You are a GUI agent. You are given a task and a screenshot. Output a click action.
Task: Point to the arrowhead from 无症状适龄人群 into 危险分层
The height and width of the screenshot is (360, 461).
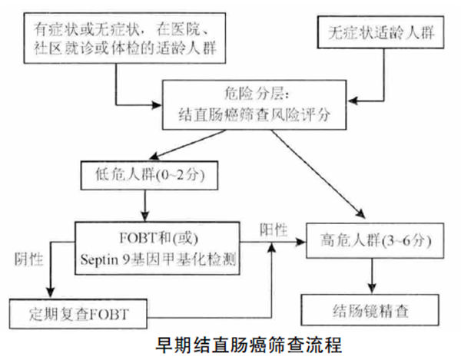tap(359, 98)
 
